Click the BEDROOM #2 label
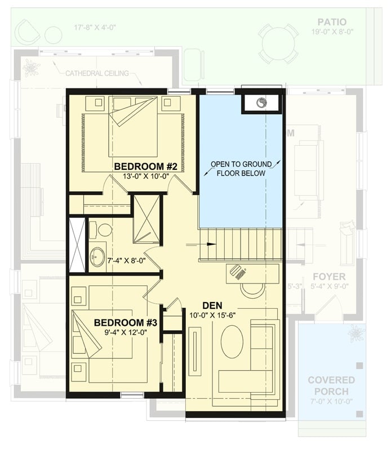pyautogui.click(x=146, y=166)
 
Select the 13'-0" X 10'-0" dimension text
pyautogui.click(x=146, y=177)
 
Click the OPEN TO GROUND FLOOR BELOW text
pyautogui.click(x=241, y=169)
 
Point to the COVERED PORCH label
pyautogui.click(x=331, y=385)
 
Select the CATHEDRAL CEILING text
pyautogui.click(x=97, y=73)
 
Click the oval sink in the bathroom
pyautogui.click(x=99, y=254)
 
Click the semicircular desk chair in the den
pyautogui.click(x=252, y=289)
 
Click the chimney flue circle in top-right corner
pyautogui.click(x=261, y=103)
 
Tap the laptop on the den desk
pyautogui.click(x=238, y=273)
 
